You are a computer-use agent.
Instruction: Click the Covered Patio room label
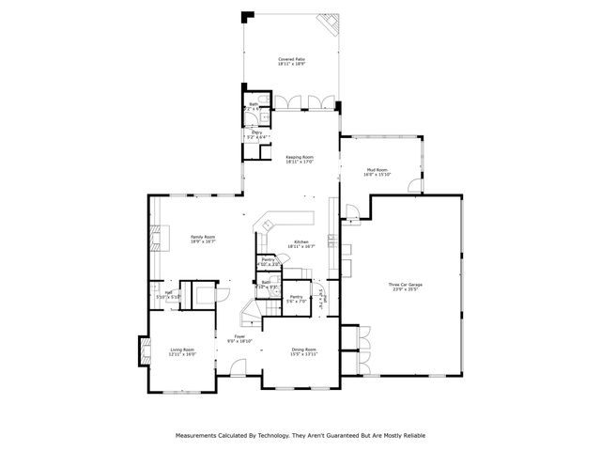pyautogui.click(x=291, y=62)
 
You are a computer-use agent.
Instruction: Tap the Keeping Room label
pyautogui.click(x=300, y=160)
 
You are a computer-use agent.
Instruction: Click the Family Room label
pyautogui.click(x=204, y=239)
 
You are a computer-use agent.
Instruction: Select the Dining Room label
pyautogui.click(x=303, y=351)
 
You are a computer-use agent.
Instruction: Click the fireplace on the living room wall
pyautogui.click(x=143, y=350)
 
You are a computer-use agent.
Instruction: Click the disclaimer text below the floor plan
pyautogui.click(x=300, y=436)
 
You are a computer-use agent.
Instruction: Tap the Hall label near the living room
pyautogui.click(x=168, y=295)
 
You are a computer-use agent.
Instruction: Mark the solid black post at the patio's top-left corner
pyautogui.click(x=248, y=16)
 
